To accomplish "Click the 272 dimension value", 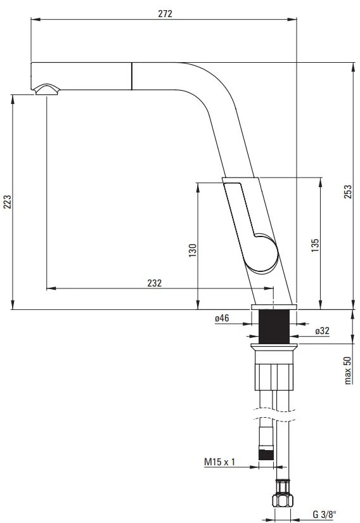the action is click(165, 14).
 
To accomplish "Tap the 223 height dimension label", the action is click(8, 202).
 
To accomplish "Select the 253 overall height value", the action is click(348, 192).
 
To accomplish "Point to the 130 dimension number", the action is click(193, 250).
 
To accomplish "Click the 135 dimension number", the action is click(315, 245).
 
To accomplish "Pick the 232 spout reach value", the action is click(155, 283).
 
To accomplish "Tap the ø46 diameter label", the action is click(222, 318).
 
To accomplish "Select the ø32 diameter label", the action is click(323, 330).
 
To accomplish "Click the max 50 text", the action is click(348, 371).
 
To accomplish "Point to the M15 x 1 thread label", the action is click(220, 462).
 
